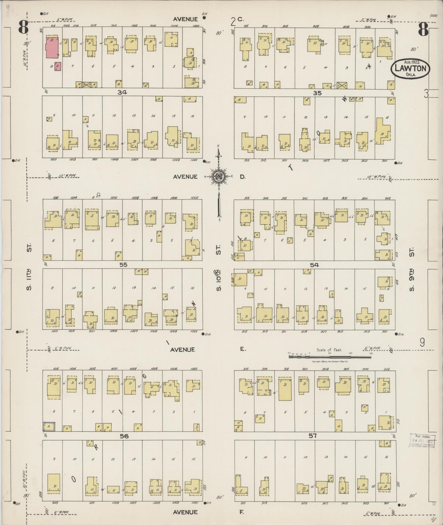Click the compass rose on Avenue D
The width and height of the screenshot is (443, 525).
click(219, 176)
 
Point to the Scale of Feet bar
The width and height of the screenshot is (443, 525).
click(330, 356)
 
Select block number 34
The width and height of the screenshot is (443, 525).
click(122, 92)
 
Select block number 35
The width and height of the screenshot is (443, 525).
click(317, 93)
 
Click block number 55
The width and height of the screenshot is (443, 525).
click(123, 265)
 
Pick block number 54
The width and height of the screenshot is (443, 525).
click(314, 265)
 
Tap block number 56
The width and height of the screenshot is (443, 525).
click(124, 436)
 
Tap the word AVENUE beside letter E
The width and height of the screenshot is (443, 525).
click(182, 350)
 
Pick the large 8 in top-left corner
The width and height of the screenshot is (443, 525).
click(24, 27)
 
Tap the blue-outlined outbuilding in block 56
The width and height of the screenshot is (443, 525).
click(49, 426)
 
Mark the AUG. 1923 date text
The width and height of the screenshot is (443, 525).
click(411, 62)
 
